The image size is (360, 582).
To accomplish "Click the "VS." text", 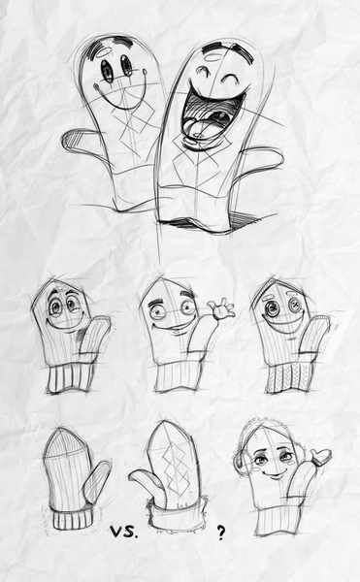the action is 124,533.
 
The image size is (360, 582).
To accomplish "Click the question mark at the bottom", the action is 221,533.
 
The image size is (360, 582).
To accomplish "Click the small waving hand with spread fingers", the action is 221,308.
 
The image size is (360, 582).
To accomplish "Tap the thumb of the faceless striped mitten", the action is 96,482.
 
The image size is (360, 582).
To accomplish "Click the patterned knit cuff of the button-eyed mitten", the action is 290,377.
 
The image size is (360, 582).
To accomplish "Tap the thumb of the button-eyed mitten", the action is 314,335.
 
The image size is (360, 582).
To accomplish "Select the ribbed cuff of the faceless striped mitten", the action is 73,518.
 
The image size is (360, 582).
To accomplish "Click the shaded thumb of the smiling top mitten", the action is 79,142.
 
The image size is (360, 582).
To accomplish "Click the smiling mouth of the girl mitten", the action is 274,474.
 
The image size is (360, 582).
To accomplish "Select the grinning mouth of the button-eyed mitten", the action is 285,326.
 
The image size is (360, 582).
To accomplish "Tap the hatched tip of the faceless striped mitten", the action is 65,442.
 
